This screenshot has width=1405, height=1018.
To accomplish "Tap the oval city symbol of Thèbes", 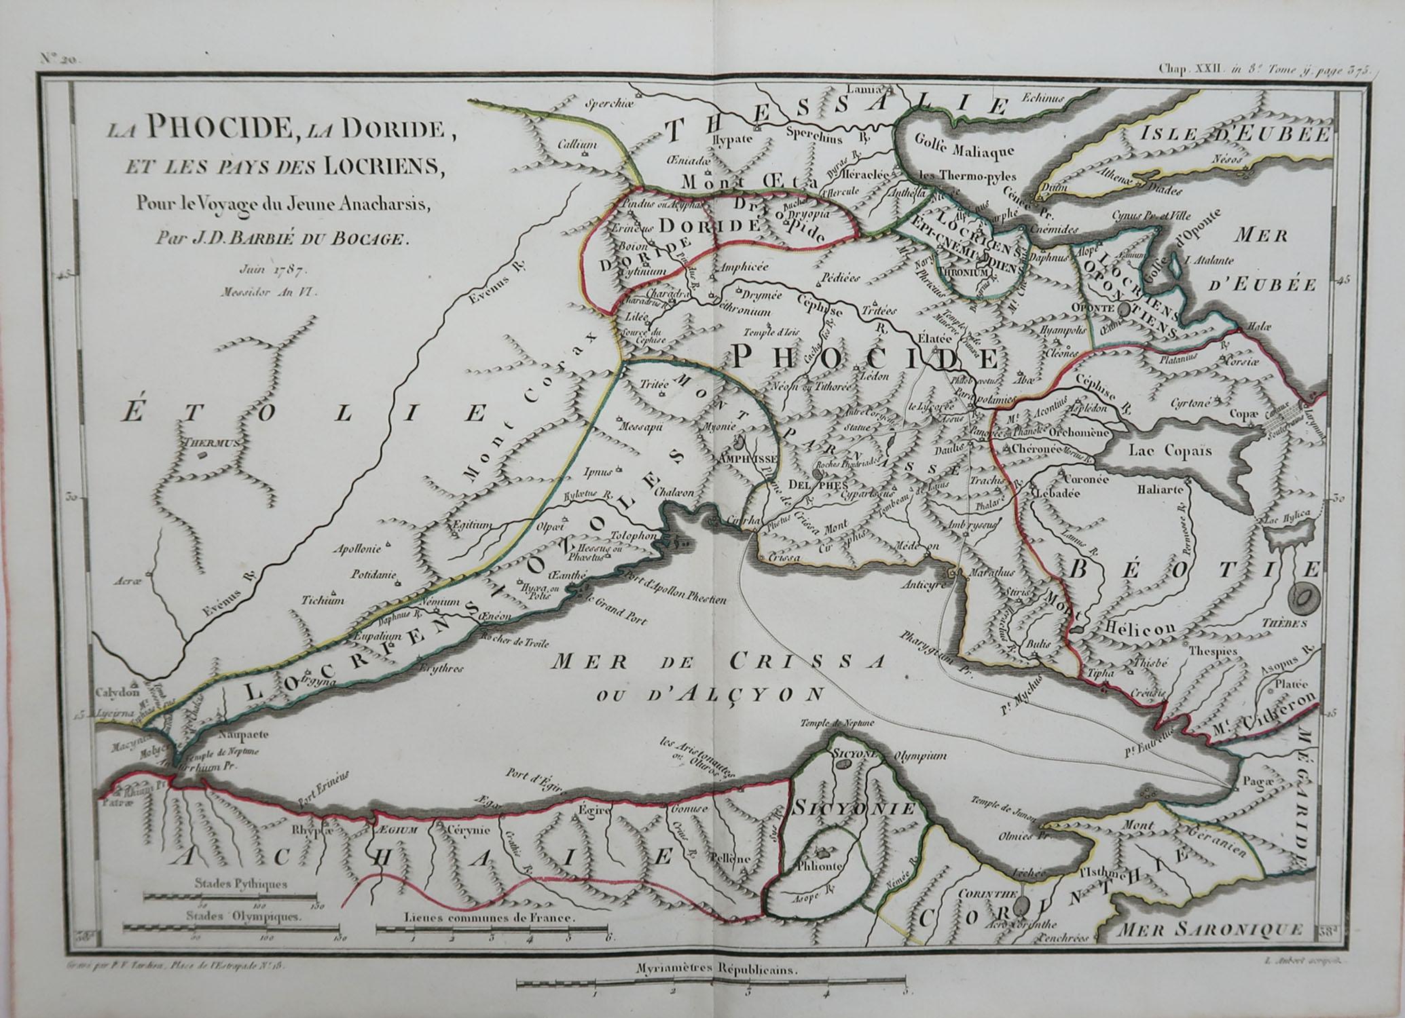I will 1304,599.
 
